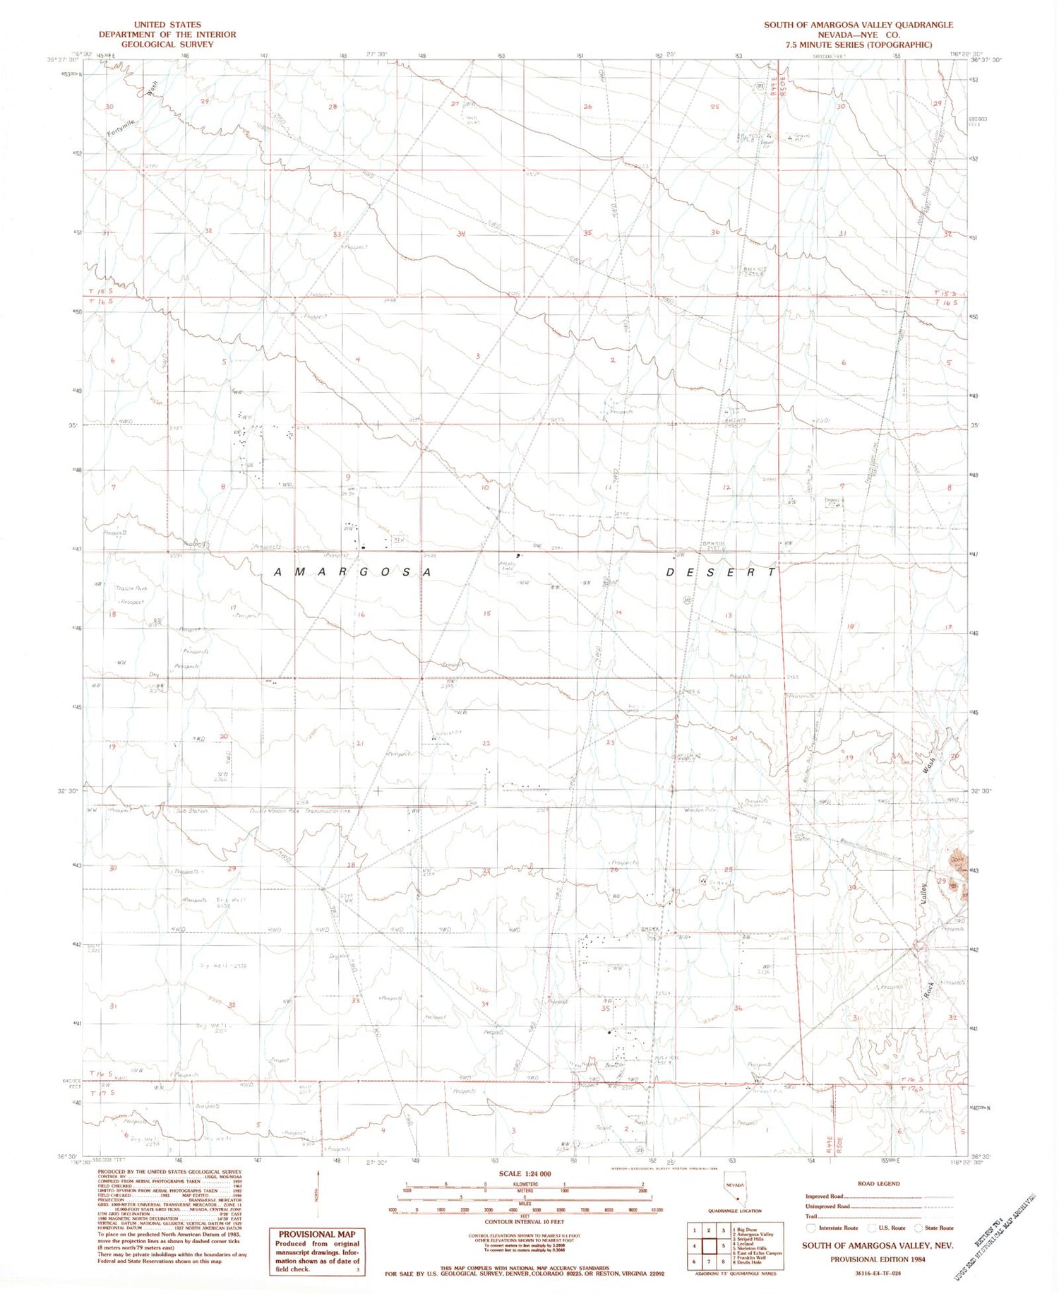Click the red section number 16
(x=361, y=615)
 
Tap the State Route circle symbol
(x=919, y=1228)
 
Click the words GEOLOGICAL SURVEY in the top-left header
(x=157, y=44)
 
